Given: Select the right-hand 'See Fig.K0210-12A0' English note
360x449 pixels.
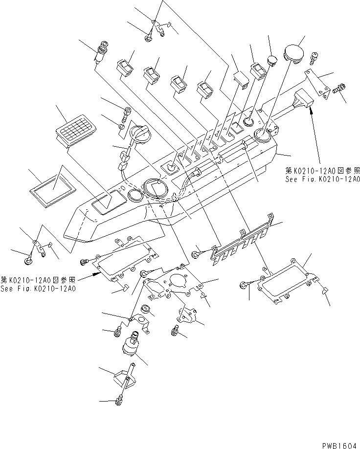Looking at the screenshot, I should coord(323,180).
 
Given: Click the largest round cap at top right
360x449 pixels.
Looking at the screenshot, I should coord(294,52).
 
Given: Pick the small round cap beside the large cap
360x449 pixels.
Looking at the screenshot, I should coord(272,60).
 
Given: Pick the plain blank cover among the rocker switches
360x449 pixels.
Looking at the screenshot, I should coord(241,79).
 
